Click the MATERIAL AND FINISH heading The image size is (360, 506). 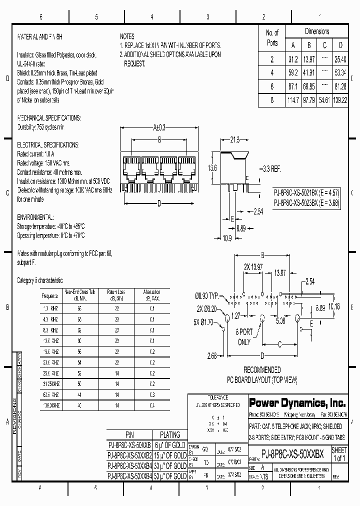coord(40,36)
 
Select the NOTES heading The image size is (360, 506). coord(127,36)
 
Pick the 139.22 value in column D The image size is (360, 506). coord(340,100)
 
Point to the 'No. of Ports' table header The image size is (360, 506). coord(272,37)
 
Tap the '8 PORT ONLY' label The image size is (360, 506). coord(243,337)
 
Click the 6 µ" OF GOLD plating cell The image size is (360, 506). coord(169,445)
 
